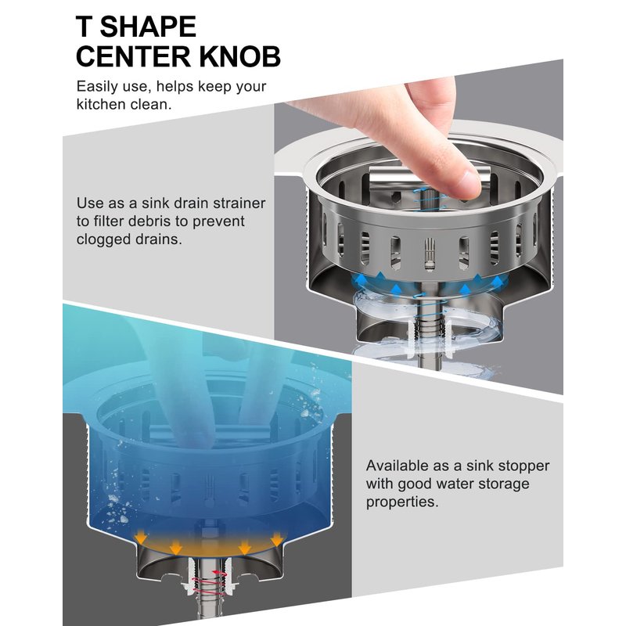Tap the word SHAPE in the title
pos(148,27)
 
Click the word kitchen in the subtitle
pos(101,104)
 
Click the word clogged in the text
pos(102,239)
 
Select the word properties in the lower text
pos(402,502)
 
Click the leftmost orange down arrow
pos(141,537)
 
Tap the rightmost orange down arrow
pos(277,539)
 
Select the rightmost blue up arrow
pos(497,283)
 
